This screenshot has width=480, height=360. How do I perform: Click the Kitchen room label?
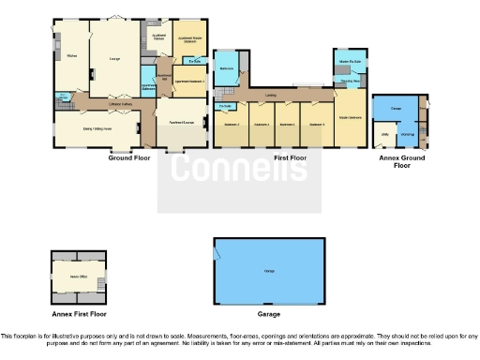pos(70,58)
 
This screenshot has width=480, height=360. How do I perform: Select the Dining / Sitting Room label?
pos(97,127)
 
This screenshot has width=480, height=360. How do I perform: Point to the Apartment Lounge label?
pos(181,123)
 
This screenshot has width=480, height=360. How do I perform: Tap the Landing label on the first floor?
pos(270,94)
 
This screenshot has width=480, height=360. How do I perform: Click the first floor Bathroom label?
pos(226,68)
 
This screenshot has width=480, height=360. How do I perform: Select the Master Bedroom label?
pos(349,117)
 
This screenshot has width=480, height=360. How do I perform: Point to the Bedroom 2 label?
pos(231,124)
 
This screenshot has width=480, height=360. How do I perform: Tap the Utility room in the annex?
pos(384,135)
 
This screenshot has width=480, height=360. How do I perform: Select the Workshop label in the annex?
pos(408,135)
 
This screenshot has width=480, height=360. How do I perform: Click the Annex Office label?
pos(79,277)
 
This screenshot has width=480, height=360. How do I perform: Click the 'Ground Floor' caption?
pos(130,158)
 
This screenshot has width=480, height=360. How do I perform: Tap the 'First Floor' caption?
pos(292,158)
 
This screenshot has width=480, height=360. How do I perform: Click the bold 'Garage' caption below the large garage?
pos(268,315)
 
